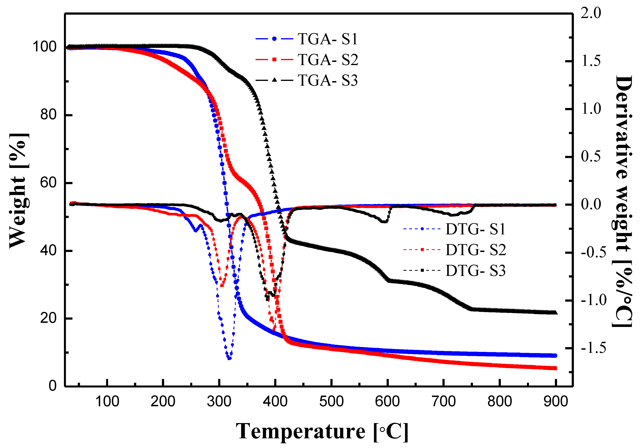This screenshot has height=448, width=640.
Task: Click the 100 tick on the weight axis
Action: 45,46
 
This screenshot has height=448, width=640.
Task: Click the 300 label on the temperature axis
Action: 219,402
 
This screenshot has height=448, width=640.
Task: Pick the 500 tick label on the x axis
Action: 331,402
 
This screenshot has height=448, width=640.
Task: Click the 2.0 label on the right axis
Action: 591,13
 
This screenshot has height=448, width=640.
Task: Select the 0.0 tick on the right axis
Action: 591,204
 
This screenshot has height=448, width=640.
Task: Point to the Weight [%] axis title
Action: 19,191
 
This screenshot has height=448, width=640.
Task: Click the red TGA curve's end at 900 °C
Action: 555,368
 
